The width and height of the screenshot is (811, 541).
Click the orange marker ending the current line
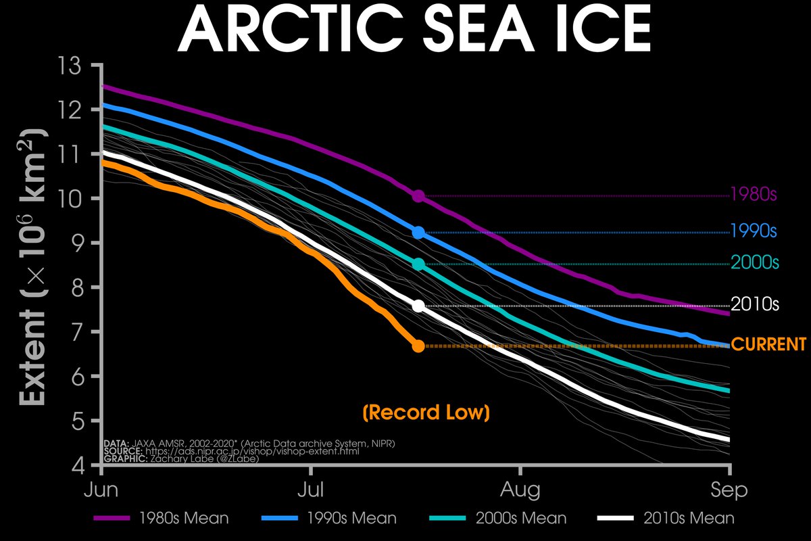coord(418,346)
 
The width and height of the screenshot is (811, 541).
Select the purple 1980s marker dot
coord(418,196)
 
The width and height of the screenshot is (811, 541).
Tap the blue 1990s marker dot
coord(418,233)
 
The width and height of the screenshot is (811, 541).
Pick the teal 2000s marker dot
coord(418,264)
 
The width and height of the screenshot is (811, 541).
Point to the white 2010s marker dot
coord(418,306)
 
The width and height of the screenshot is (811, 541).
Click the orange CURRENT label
coord(769,344)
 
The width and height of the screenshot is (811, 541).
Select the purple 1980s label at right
coord(754,195)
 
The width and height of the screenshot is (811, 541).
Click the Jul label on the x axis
coord(310,490)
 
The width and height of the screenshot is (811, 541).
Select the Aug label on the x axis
coord(520,490)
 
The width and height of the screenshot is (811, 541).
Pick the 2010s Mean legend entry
coord(666,519)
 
